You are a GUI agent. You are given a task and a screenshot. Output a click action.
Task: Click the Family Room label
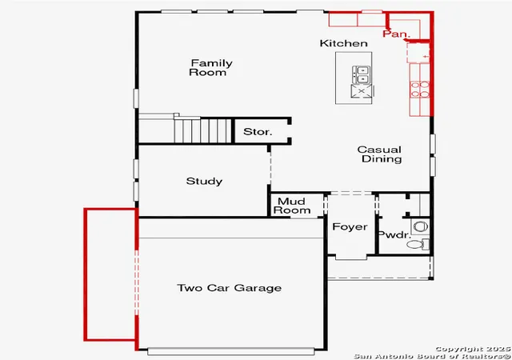pyautogui.click(x=210, y=68)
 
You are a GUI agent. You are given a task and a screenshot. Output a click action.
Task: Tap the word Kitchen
pyautogui.click(x=343, y=43)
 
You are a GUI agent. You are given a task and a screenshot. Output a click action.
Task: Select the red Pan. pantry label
pyautogui.click(x=397, y=34)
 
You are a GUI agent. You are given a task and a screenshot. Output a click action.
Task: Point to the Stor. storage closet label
pyautogui.click(x=258, y=132)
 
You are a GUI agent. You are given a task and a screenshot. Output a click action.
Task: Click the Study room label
pyautogui.click(x=204, y=182)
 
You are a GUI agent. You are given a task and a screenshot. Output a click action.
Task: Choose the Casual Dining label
pyautogui.click(x=380, y=154)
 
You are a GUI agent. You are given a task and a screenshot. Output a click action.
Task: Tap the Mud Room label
pyautogui.click(x=292, y=206)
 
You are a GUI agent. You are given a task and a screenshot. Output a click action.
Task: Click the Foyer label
pyautogui.click(x=350, y=226)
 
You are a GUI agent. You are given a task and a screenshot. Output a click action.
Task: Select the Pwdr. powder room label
pyautogui.click(x=394, y=234)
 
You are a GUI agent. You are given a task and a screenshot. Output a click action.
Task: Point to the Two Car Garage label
pyautogui.click(x=230, y=288)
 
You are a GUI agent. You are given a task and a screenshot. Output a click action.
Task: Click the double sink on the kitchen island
pyautogui.click(x=361, y=75)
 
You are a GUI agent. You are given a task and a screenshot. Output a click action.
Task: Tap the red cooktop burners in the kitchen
pyautogui.click(x=419, y=90)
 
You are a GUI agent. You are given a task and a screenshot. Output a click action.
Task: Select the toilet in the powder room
pyautogui.click(x=418, y=244)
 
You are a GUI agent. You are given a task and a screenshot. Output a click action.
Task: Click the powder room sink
pyautogui.click(x=420, y=226)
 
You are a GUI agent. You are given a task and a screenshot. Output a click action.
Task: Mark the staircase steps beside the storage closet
pyautogui.click(x=202, y=130)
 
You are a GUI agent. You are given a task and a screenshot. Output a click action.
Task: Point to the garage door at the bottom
pyautogui.click(x=231, y=351)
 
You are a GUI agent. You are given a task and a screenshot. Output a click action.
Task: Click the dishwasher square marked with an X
pyautogui.click(x=361, y=91)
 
